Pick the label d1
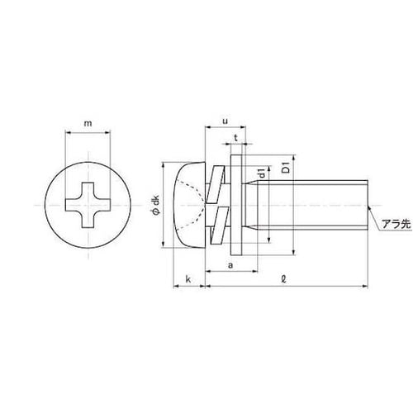pyautogui.click(x=262, y=175)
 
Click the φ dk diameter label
pyautogui.click(x=154, y=203)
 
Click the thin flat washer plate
pyautogui.click(x=237, y=203)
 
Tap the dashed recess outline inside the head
pyautogui.click(x=198, y=203)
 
